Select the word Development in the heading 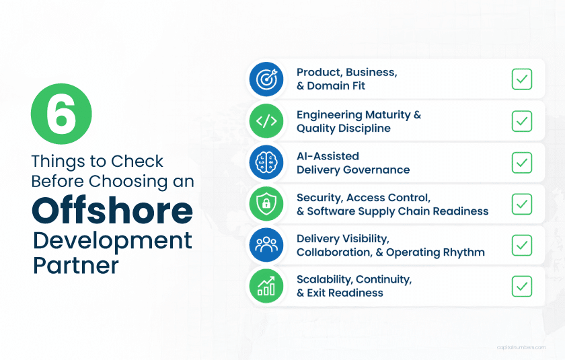coord(112,240)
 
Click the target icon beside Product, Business coord(267,79)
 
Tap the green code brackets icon coord(267,121)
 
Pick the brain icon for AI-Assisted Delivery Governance coord(267,163)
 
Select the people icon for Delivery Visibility coord(267,246)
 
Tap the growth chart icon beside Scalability coord(267,287)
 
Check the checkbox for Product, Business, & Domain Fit coord(521,79)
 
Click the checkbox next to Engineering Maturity coord(521,121)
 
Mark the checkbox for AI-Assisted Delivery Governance coord(521,163)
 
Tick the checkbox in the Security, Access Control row coord(521,204)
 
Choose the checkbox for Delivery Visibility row coord(521,245)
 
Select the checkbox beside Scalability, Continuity coord(521,287)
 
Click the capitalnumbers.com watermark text coord(521,347)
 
